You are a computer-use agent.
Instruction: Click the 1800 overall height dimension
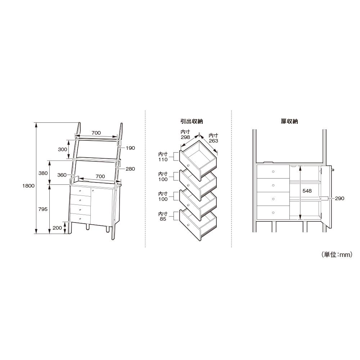28,186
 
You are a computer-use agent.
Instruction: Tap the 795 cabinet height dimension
43,209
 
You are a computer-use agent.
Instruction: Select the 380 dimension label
43,173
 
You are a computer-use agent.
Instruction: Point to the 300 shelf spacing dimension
62,149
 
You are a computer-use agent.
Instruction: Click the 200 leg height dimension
57,228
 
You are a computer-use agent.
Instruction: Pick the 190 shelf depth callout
130,148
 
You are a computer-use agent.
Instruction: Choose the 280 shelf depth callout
130,169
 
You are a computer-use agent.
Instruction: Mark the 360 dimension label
62,175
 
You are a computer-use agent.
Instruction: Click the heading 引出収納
192,121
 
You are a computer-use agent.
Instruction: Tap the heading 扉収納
289,121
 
